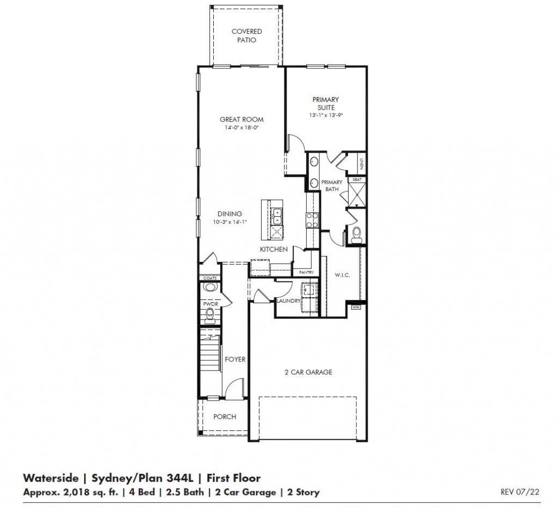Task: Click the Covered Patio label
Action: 246,36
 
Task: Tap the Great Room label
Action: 242,120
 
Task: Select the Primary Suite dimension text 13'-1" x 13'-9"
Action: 325,115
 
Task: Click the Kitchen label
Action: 273,249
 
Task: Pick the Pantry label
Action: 303,272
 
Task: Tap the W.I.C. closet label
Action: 342,275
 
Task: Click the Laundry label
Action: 288,300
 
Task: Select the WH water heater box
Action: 356,307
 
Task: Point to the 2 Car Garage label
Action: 308,372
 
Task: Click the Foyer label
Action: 235,359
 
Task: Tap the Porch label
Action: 225,417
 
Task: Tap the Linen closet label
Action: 360,162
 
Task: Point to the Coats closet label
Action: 209,278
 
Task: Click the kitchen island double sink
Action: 277,216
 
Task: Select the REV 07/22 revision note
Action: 519,492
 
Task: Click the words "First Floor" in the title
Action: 232,478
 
